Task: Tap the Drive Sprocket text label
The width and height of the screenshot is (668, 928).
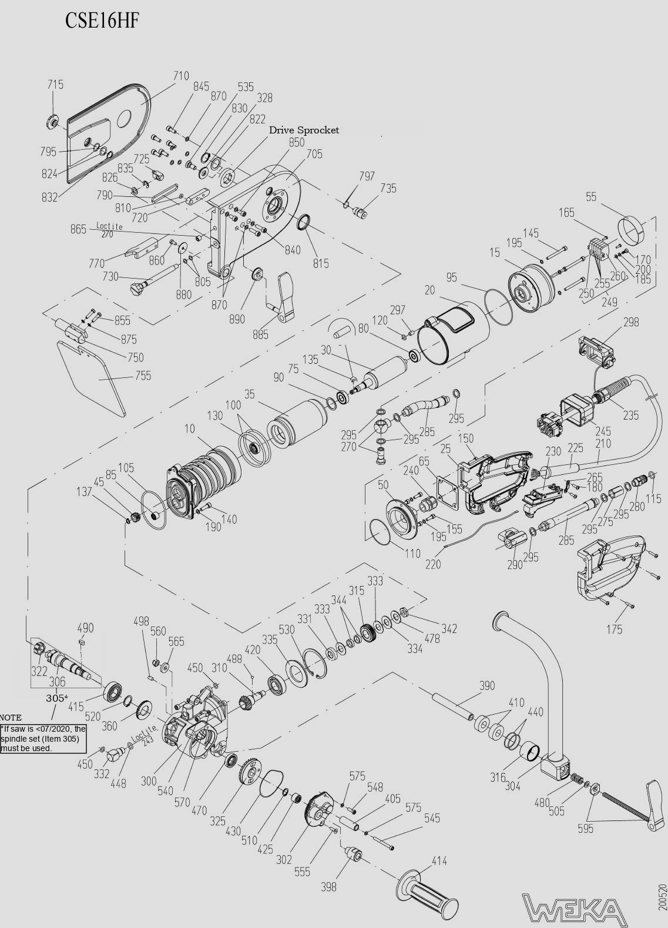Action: coord(304,130)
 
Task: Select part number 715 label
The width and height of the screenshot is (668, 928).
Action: coord(55,85)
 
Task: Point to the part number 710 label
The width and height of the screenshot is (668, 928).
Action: coord(181,76)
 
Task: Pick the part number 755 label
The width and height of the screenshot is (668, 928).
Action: coord(143,376)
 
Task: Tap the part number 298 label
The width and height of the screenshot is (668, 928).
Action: coord(631,322)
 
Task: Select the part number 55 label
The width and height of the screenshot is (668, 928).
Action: coord(591,197)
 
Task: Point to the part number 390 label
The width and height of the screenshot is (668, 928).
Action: coord(487,686)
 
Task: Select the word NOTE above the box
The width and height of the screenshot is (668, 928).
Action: coord(11,718)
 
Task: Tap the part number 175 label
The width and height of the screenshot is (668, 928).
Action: coord(614,629)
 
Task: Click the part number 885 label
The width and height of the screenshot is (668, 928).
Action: coord(260,334)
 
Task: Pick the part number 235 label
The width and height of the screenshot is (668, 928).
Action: coord(631,416)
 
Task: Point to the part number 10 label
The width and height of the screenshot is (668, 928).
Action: coord(189,429)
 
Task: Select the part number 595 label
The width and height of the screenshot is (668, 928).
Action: coord(585,829)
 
